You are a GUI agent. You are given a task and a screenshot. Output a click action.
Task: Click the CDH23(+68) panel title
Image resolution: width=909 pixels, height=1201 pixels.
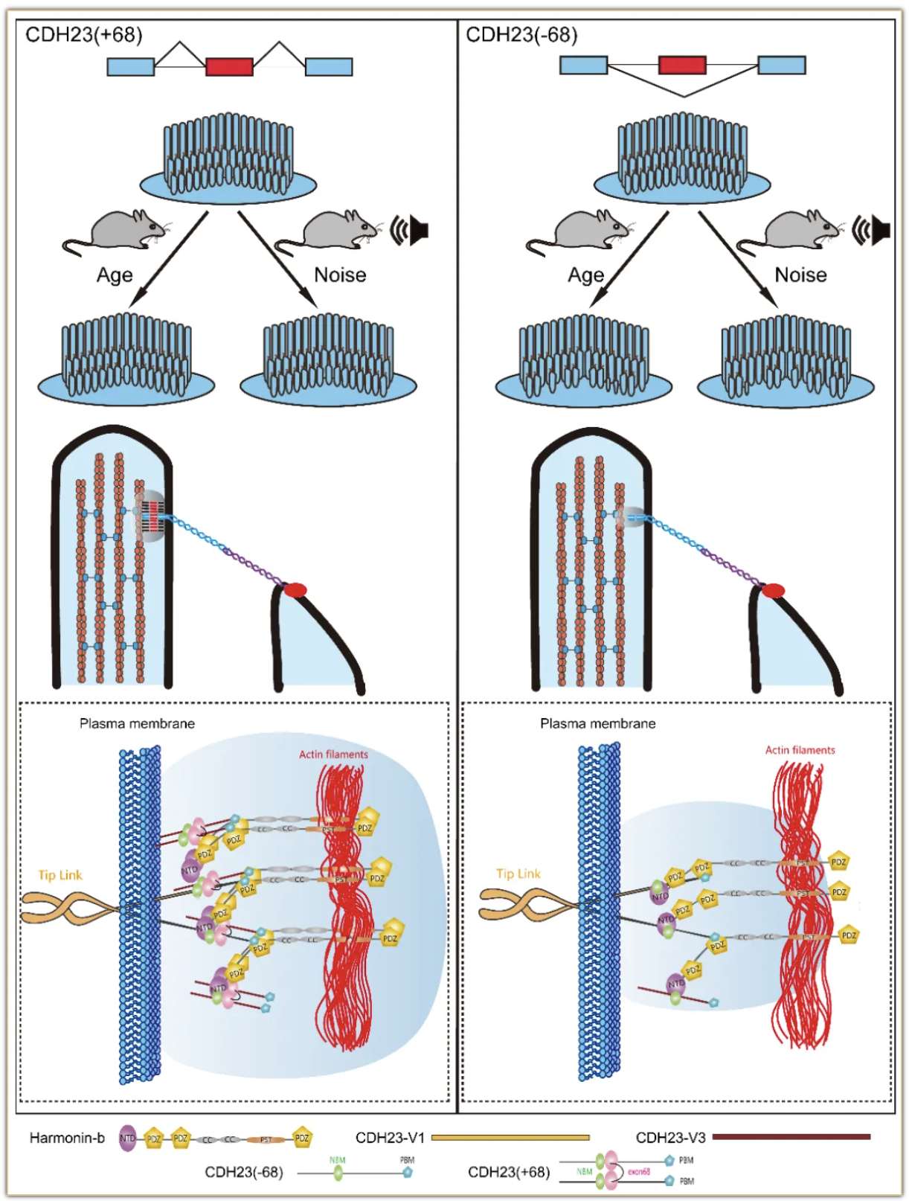click(83, 35)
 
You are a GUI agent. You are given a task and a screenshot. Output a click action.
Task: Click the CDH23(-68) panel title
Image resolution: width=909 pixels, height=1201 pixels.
click(521, 35)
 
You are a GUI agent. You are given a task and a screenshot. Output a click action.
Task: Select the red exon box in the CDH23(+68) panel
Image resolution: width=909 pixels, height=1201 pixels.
click(229, 67)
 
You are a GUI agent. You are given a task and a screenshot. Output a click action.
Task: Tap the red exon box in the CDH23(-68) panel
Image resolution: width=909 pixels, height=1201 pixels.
click(682, 65)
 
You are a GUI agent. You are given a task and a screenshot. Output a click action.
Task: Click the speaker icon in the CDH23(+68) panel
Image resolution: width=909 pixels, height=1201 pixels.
click(411, 231)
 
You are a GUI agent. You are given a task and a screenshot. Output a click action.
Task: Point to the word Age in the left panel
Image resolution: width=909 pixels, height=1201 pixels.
click(115, 275)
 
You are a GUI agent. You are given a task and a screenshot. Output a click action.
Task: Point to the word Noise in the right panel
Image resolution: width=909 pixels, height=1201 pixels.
click(800, 275)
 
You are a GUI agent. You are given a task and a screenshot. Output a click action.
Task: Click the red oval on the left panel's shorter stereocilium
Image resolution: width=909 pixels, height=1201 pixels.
click(295, 590)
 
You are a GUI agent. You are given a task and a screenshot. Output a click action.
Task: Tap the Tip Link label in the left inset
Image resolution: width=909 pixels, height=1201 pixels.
click(60, 875)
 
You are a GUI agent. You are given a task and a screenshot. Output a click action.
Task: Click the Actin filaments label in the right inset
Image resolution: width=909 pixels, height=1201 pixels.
click(800, 750)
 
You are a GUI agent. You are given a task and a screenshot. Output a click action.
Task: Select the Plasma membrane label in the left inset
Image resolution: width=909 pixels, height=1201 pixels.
click(137, 723)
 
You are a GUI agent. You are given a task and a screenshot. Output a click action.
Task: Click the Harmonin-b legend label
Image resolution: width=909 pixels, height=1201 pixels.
click(67, 1138)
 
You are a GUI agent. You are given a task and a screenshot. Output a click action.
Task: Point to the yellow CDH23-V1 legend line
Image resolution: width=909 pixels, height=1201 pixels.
click(510, 1137)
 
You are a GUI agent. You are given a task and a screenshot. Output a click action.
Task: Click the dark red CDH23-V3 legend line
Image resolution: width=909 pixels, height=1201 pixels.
click(791, 1136)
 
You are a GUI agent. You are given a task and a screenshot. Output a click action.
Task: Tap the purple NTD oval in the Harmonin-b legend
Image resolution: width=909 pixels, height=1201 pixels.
click(128, 1138)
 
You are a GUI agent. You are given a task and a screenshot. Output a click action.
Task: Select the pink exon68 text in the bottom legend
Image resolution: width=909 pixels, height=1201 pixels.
click(638, 1171)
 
